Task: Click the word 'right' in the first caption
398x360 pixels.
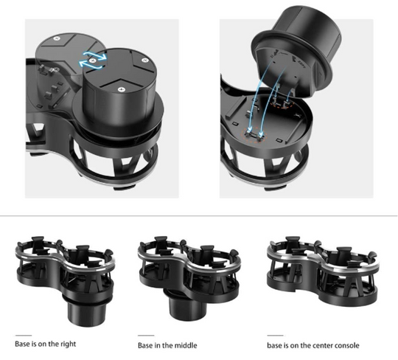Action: pos(68,344)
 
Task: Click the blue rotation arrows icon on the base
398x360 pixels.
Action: pos(92,60)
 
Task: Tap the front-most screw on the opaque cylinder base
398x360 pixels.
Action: pos(122,89)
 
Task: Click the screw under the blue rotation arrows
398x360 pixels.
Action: pos(93,60)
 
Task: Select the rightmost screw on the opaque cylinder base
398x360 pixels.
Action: pos(144,60)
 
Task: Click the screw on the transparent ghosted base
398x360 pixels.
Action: pos(57,38)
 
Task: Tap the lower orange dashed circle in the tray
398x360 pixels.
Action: pos(254,135)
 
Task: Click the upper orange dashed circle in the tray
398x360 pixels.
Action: pos(282,103)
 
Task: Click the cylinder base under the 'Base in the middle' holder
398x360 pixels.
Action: pos(185,304)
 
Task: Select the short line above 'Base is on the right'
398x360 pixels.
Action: pos(24,336)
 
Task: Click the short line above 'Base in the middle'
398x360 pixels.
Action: pos(146,336)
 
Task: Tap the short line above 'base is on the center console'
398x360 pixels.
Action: pos(275,336)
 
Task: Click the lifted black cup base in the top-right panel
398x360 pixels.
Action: pos(296,50)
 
